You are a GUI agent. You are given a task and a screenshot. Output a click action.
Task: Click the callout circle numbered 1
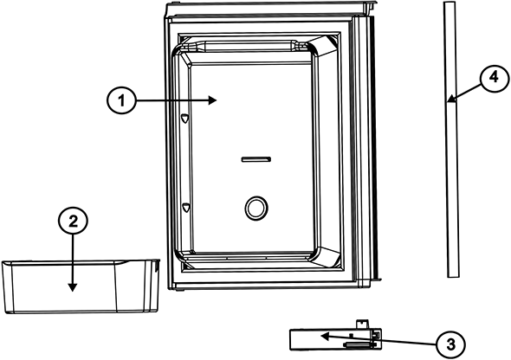(x=121, y=100)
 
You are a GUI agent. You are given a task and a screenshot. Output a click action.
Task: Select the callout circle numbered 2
(x=73, y=222)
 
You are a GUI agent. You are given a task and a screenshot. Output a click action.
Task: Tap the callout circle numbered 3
(x=451, y=344)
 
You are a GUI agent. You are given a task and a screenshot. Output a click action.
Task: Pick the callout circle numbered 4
(x=495, y=78)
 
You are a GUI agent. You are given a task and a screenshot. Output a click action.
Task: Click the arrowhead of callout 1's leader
(x=213, y=100)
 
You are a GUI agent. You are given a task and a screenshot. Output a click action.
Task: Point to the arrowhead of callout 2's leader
(x=73, y=287)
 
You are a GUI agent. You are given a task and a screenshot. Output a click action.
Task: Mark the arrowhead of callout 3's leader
(x=325, y=336)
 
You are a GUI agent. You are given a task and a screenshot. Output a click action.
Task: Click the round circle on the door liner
(x=256, y=209)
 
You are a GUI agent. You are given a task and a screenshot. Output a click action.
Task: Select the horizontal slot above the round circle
(x=255, y=159)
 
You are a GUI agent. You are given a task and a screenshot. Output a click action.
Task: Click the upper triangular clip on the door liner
(x=185, y=119)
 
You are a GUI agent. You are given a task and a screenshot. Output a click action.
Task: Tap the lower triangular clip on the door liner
(x=185, y=208)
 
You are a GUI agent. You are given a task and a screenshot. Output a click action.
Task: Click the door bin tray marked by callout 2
(x=81, y=286)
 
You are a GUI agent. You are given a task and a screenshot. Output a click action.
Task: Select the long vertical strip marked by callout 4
(x=451, y=139)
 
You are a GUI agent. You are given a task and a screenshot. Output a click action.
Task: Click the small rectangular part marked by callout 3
(x=336, y=340)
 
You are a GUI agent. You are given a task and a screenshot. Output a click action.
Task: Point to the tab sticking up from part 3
(x=362, y=324)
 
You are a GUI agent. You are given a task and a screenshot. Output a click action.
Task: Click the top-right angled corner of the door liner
(x=323, y=46)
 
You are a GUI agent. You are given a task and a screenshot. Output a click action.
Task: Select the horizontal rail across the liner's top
(x=249, y=46)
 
